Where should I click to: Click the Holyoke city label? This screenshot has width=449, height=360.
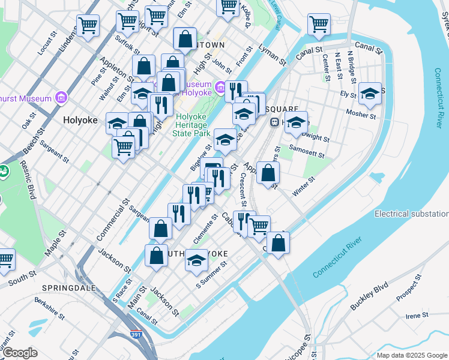80,120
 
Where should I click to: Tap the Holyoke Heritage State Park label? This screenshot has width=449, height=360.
192,124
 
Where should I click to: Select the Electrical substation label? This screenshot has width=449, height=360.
411,214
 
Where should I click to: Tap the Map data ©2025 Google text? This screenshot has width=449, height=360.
412,355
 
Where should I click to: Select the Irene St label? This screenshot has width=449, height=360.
417,315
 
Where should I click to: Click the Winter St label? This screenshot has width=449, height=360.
304,187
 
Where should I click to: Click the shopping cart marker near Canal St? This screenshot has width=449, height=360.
319,24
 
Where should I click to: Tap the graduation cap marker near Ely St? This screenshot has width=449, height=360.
370,93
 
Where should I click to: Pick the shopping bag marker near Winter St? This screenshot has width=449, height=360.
268,173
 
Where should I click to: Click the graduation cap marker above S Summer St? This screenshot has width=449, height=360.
196,260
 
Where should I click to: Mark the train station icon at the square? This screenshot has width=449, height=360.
273,122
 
